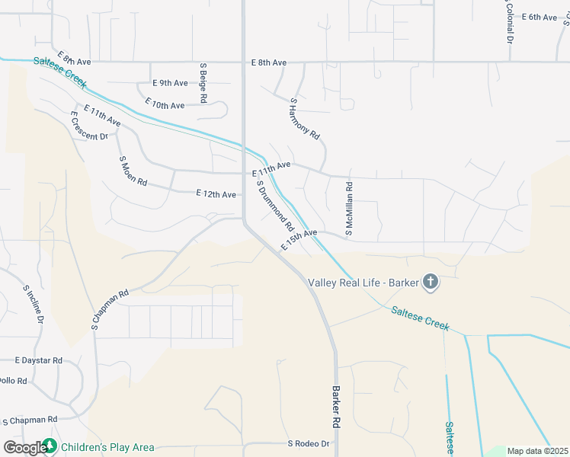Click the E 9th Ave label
[x=170, y=83]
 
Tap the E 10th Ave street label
[x=165, y=105]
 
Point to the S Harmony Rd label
[x=305, y=117]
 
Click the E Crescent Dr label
[x=88, y=126]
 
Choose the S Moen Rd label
[x=133, y=173]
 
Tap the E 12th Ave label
[x=216, y=195]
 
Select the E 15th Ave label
[x=299, y=239]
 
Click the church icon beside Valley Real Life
[x=430, y=283]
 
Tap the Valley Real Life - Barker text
[x=363, y=283]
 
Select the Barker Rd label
[x=335, y=405]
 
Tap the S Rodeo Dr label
[x=308, y=443]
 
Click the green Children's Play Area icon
[x=50, y=447]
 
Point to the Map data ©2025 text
[x=538, y=451]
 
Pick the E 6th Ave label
[x=540, y=17]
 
